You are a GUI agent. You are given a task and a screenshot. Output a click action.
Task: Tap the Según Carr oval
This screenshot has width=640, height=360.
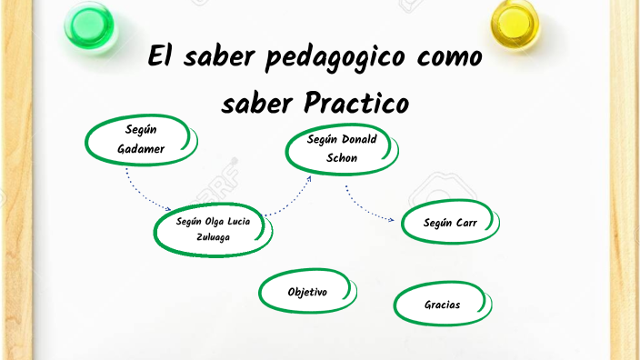(450, 223)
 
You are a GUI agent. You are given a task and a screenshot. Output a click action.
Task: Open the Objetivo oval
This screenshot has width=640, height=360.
(307, 292)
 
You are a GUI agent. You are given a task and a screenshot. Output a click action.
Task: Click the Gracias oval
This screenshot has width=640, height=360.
(443, 305)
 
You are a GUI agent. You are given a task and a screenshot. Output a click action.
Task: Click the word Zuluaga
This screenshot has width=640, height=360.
(214, 237)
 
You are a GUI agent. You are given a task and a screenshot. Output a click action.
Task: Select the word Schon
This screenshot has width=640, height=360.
(342, 157)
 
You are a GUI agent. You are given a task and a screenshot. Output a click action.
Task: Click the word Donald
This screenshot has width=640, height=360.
(359, 140)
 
